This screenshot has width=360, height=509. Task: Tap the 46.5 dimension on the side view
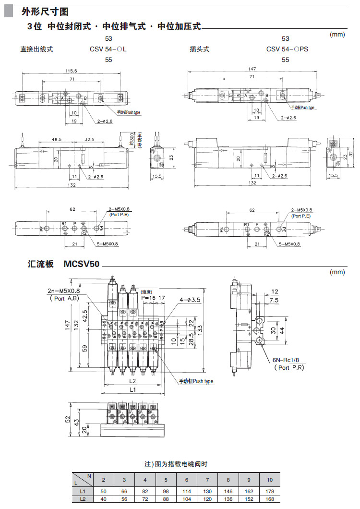point(57,140)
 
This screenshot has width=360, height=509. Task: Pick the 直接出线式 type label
point(36,49)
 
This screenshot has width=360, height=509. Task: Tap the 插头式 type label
point(200,49)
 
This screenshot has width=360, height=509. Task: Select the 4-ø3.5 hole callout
point(190,300)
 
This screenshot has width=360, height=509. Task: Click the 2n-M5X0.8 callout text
point(64,291)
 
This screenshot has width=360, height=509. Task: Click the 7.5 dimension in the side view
point(274,300)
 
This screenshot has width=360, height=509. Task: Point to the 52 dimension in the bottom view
point(68,419)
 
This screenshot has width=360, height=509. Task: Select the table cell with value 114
point(186,491)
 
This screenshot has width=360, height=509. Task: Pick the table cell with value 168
point(270,499)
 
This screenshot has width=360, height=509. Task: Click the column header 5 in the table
point(166,480)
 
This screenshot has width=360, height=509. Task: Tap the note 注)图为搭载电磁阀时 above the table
point(176,464)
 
